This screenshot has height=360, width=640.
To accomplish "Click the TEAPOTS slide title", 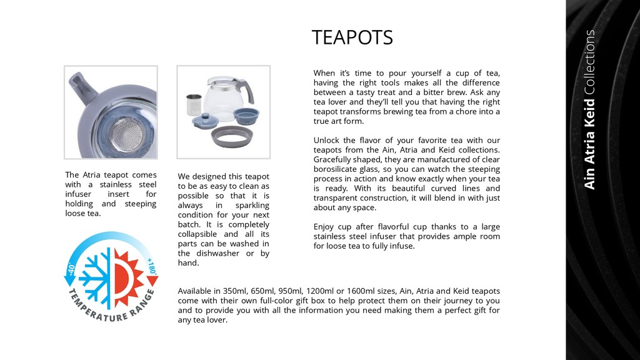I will coord(352,38).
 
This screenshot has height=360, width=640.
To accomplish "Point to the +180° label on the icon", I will coord(151,267).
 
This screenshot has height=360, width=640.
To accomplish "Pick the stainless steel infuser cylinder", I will coord(194,103).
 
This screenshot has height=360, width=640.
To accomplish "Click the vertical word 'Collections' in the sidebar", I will coord(590,62).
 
